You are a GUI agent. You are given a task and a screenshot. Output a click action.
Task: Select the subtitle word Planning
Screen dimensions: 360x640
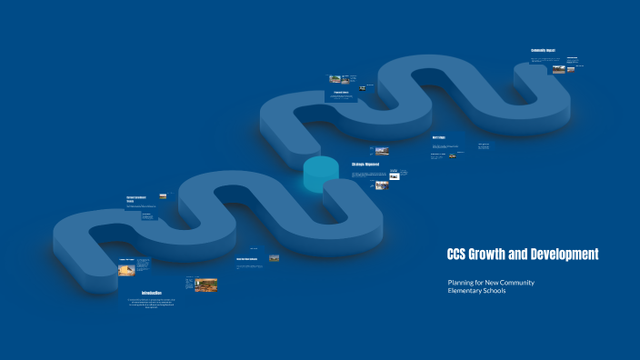pyautogui.click(x=464, y=283)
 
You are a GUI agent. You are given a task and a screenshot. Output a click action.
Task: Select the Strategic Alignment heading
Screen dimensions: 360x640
pyautogui.click(x=365, y=164)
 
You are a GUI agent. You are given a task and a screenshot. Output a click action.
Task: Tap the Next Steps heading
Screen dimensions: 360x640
pyautogui.click(x=439, y=138)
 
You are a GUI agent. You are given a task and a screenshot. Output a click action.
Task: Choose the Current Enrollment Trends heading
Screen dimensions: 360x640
pyautogui.click(x=136, y=198)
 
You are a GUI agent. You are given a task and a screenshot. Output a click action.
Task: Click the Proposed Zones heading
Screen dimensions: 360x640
pyautogui.click(x=342, y=92)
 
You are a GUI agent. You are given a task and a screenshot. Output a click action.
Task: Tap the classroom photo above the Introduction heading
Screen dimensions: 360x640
pyautogui.click(x=205, y=285)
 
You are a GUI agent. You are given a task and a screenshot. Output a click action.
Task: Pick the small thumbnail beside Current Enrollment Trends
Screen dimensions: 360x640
pyautogui.click(x=163, y=195)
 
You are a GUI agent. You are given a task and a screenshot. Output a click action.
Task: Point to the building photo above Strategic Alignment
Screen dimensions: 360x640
pyautogui.click(x=381, y=151)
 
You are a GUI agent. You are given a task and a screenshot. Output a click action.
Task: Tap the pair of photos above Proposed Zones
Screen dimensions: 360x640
pyautogui.click(x=340, y=79)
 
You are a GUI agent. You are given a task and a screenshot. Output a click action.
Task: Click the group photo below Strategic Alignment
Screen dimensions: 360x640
pyautogui.click(x=382, y=185)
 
